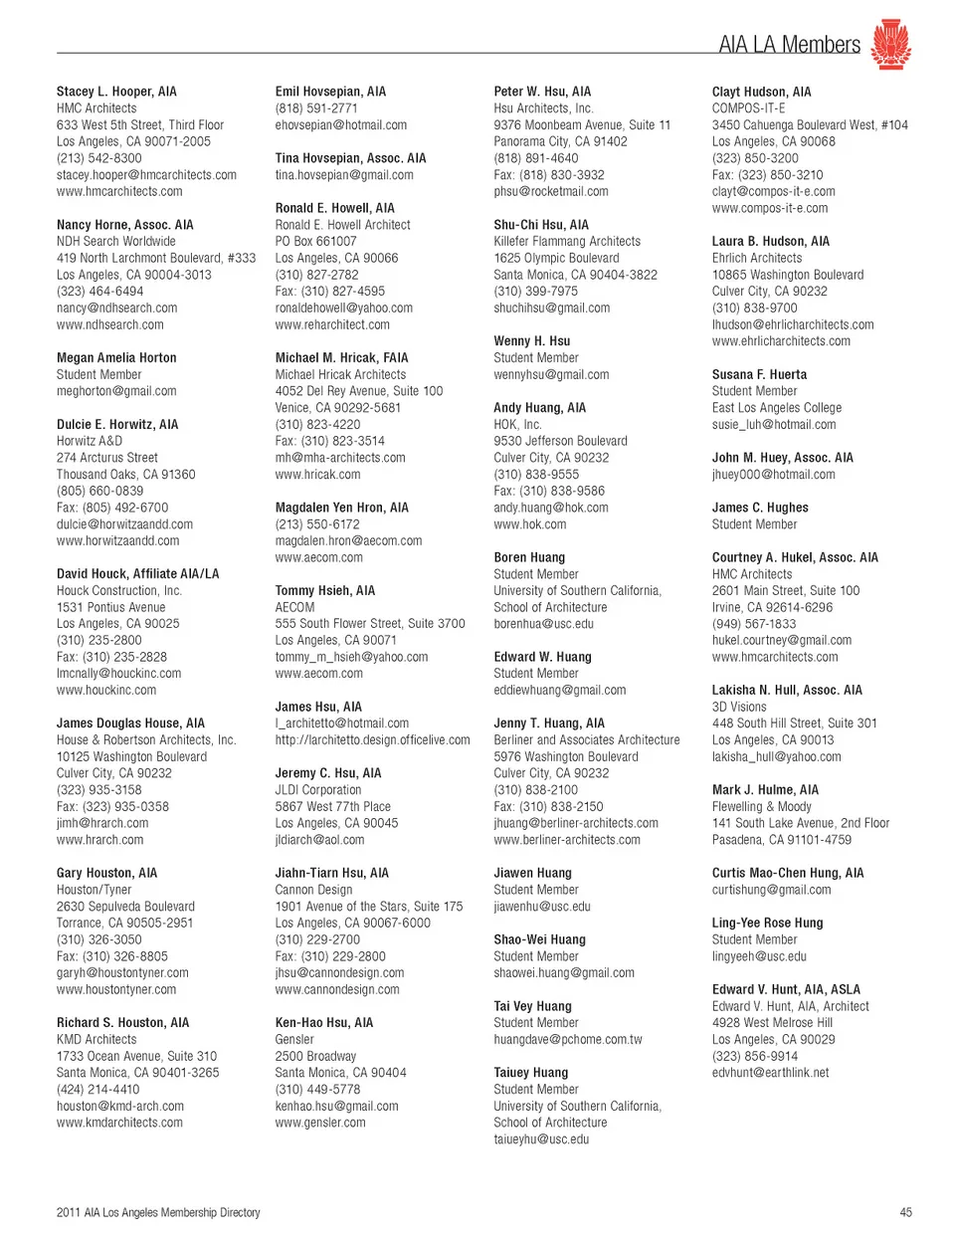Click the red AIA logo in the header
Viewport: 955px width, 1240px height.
coord(890,45)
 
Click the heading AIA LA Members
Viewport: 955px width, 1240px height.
coord(789,45)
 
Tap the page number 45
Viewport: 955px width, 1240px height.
coord(905,1212)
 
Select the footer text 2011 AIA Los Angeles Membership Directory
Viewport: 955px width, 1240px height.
coord(158,1212)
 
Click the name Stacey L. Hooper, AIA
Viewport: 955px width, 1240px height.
coord(116,92)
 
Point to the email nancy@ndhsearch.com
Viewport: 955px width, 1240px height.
coord(116,308)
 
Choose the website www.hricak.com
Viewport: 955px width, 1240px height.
coord(317,475)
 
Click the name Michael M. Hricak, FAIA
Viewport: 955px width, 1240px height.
coord(341,358)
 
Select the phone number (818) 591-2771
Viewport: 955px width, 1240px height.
coord(316,108)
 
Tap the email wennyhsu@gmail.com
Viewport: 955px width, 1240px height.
coord(551,375)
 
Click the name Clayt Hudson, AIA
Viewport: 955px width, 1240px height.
coord(761,92)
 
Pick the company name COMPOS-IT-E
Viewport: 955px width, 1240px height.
coord(748,108)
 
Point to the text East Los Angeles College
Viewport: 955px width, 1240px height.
coord(776,408)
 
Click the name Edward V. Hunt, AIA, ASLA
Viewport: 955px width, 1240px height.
coord(786,989)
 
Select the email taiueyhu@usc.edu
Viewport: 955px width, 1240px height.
coord(541,1139)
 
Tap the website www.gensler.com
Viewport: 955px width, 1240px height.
coord(320,1123)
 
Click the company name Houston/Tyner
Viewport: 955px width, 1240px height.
coord(94,890)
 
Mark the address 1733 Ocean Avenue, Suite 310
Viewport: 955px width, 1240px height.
coord(136,1056)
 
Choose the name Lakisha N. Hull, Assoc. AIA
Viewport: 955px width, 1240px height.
coord(787,691)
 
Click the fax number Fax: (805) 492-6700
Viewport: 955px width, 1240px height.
coord(112,508)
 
